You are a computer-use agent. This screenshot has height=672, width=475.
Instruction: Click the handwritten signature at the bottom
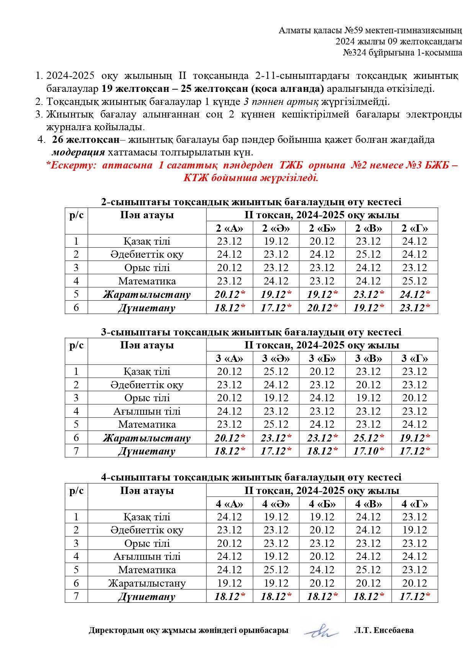point(321,630)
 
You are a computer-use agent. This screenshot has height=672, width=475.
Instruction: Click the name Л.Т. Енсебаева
point(384,630)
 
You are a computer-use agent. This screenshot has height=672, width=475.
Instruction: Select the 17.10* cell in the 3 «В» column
point(368,451)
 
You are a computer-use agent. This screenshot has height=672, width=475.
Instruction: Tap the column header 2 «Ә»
point(276,228)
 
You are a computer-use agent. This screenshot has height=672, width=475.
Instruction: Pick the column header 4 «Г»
point(415,504)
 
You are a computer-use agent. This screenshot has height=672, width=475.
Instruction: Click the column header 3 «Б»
point(322,358)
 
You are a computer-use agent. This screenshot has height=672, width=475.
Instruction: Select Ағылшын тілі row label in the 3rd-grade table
point(147,411)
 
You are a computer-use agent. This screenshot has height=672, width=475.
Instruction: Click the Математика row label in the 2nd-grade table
point(147,281)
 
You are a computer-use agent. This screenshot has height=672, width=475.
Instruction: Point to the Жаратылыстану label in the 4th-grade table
point(147,583)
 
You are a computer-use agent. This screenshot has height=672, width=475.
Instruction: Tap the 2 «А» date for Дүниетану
point(229,308)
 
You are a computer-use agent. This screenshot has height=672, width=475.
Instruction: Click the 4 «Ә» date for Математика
point(276,570)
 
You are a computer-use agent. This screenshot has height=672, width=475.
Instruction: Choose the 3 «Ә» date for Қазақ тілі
point(276,371)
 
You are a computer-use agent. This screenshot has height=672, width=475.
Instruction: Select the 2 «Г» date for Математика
point(415,281)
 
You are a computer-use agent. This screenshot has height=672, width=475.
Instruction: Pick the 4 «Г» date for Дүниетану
point(415,597)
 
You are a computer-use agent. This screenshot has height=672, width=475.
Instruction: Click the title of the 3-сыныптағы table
point(251,332)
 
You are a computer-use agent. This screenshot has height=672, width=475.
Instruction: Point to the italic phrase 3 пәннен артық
point(281,102)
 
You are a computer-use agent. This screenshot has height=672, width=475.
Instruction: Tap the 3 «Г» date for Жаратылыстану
point(415,438)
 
